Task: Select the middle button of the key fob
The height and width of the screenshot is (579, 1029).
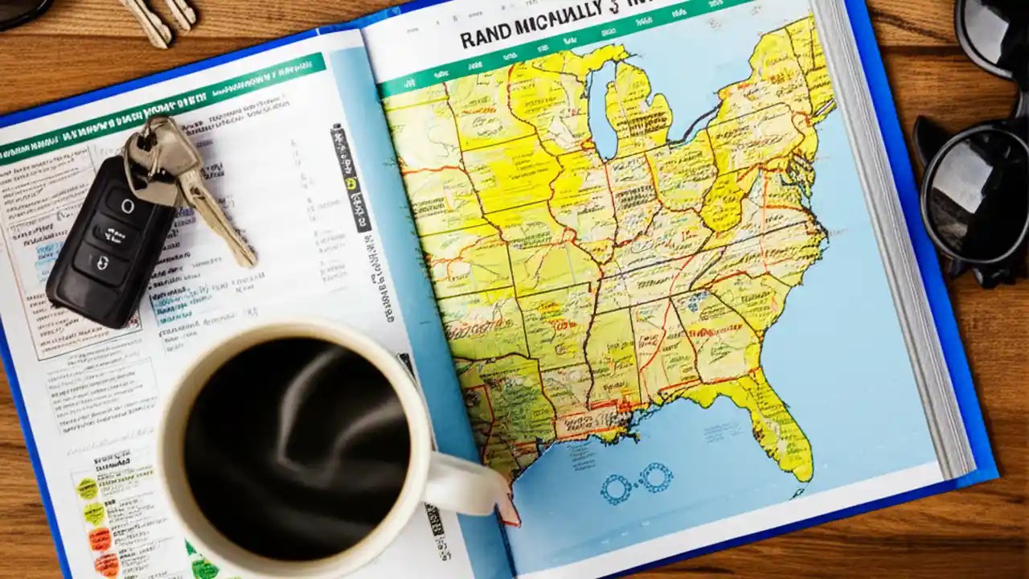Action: coord(109,234)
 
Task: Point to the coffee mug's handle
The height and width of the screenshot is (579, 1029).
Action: coord(470,486)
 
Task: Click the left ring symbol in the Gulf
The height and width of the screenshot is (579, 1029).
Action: coord(617,487)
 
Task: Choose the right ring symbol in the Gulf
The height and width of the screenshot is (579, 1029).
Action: coord(656,477)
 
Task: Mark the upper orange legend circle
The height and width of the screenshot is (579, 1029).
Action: coord(100,539)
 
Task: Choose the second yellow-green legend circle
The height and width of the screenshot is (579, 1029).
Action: coord(94,514)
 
